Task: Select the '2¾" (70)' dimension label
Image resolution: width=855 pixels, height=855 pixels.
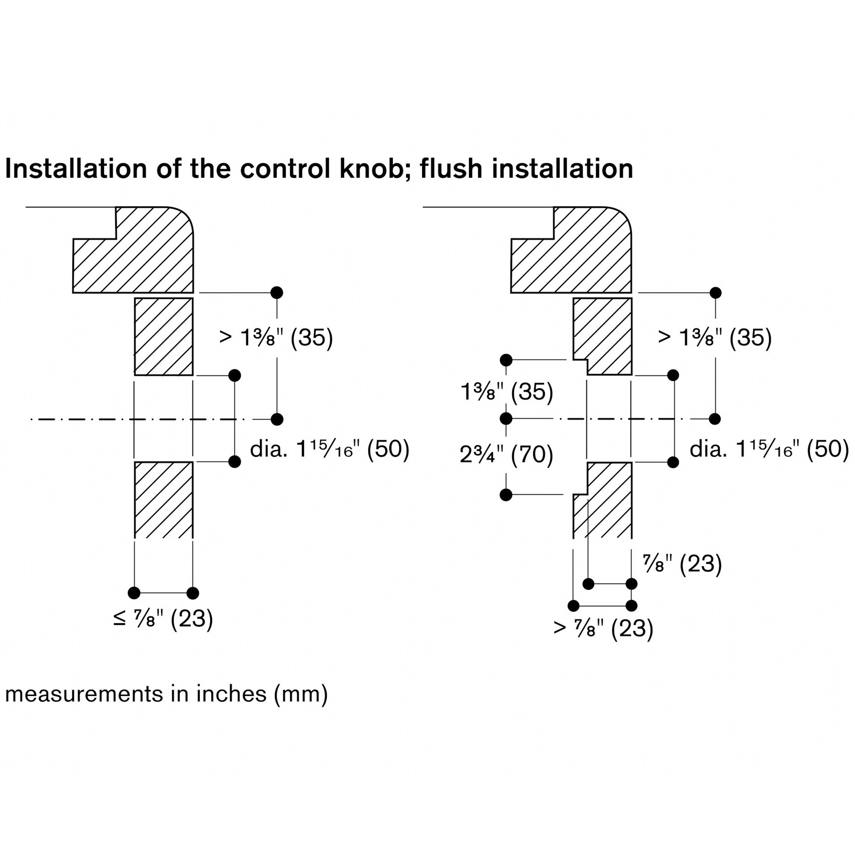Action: (x=506, y=454)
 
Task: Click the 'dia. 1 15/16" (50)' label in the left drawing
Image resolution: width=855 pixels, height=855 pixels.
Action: (x=330, y=449)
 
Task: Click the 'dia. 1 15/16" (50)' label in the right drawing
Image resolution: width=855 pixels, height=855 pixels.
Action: (x=769, y=449)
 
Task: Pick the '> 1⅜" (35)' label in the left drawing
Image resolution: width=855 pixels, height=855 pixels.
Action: (x=276, y=338)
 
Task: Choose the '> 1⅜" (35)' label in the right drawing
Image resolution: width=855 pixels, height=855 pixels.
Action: (x=715, y=338)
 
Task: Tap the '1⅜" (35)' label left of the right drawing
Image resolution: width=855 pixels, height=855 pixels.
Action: (x=507, y=392)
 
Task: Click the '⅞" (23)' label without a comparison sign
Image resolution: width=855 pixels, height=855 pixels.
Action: (x=682, y=564)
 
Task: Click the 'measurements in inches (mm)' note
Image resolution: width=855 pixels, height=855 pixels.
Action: (x=166, y=694)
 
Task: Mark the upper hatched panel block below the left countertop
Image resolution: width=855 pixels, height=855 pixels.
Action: (x=164, y=337)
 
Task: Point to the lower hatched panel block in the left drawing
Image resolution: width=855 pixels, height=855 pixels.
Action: (x=164, y=500)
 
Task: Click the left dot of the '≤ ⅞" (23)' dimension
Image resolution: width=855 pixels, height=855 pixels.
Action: (x=134, y=593)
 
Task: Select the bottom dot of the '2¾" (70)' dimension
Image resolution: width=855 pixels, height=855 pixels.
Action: (x=506, y=495)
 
